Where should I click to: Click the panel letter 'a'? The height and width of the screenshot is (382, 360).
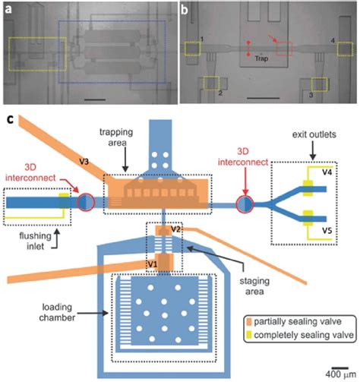point(8,10)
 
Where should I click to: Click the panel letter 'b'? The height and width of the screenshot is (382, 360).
point(185,10)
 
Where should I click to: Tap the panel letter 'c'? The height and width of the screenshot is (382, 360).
point(10,119)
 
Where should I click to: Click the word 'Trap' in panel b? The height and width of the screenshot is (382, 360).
point(261,58)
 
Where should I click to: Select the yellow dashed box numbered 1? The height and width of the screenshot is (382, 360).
point(192,49)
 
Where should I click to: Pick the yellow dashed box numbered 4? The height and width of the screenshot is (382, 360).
point(345,49)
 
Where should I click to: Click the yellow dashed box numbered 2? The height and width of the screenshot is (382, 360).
point(211,83)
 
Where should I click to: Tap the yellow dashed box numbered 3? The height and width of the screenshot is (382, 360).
point(320,84)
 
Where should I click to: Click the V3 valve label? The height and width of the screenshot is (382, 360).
point(84,162)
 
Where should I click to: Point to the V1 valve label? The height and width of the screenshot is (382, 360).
point(153,264)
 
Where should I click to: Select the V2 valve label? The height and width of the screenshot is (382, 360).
point(175,229)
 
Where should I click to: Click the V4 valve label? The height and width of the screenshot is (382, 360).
point(327,172)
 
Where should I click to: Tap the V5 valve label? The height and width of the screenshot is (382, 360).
point(327,230)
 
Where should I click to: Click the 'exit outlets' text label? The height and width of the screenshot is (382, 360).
point(314,134)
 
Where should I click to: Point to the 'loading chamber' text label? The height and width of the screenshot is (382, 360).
point(57,312)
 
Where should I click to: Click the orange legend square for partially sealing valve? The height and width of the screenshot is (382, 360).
point(249,322)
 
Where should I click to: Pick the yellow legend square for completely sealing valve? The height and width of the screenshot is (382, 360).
point(249,335)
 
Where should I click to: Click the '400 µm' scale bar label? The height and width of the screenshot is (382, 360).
point(341,374)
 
